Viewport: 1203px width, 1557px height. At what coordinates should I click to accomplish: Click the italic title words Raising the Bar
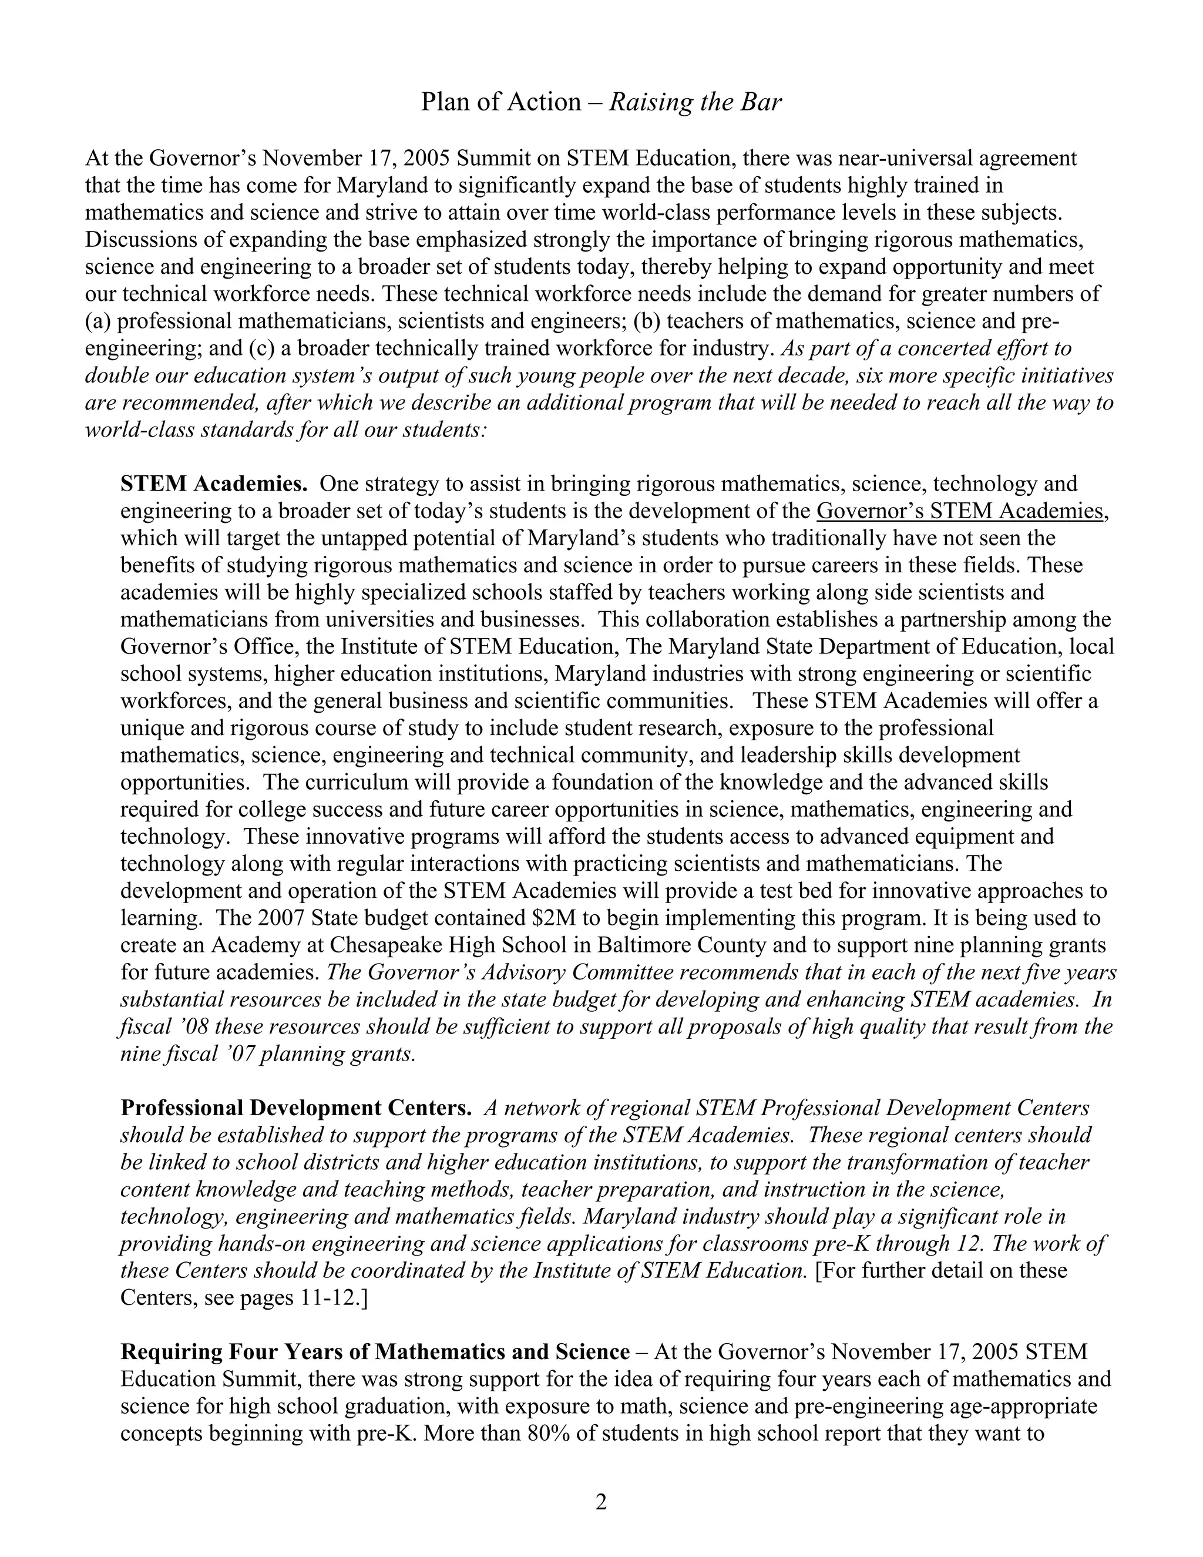[695, 103]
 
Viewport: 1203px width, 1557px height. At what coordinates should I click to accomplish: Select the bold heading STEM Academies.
[214, 484]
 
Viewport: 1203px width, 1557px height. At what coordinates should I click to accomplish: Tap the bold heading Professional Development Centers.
[296, 1108]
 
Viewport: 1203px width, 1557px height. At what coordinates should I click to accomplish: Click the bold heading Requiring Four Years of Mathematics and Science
[375, 1352]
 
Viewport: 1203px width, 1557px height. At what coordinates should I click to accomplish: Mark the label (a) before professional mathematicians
[98, 321]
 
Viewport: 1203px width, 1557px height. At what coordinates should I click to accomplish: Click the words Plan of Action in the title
[500, 103]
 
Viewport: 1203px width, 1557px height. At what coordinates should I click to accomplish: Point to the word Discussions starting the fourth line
[134, 240]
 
